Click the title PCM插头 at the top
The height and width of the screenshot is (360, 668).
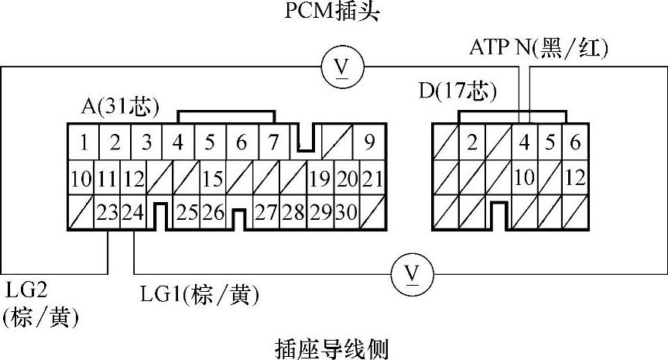pos(334,12)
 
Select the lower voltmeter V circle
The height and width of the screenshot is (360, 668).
pos(412,273)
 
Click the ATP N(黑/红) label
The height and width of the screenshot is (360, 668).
pos(539,48)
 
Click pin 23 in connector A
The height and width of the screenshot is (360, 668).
pos(108,212)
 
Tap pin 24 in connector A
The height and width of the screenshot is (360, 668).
pos(133,212)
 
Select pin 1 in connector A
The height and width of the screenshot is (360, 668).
pos(82,142)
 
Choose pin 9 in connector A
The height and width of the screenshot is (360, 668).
pos(369,142)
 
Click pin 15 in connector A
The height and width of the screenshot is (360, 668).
pos(212,179)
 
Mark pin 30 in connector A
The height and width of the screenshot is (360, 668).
pos(346,212)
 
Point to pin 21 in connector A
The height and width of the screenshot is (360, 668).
pos(372,179)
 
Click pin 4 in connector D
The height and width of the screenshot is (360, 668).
pos(525,142)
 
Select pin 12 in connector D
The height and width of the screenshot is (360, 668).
pos(574,177)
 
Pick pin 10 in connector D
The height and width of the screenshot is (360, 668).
pos(525,177)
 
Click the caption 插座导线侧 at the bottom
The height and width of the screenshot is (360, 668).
pos(334,346)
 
